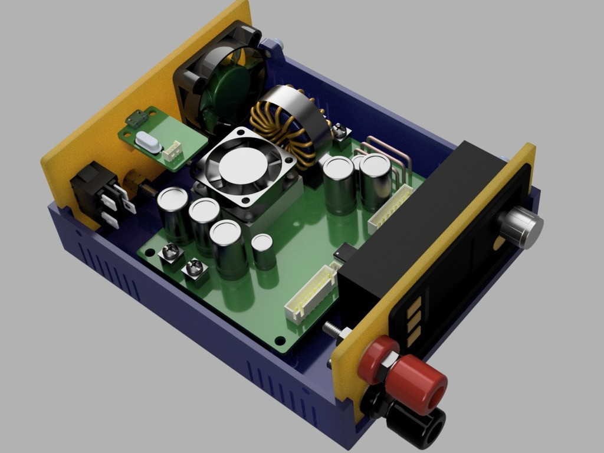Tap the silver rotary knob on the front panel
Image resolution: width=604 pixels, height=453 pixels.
[x=521, y=227]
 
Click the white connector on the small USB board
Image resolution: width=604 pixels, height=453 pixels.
[x=173, y=152]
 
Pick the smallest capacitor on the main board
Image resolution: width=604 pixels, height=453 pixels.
[x=263, y=250]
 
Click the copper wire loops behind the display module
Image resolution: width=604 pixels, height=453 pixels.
[x=389, y=153]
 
